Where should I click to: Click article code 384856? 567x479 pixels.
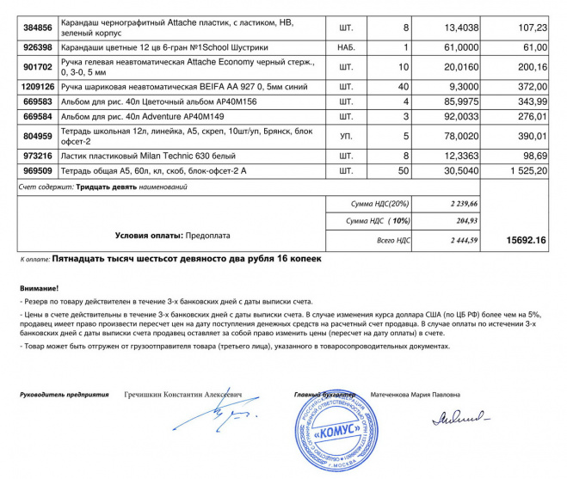click(x=37, y=28)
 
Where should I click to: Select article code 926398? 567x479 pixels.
click(x=37, y=48)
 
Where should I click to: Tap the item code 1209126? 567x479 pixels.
click(x=37, y=87)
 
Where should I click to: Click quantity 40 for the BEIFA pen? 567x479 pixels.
click(x=402, y=87)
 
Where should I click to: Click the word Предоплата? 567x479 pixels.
click(x=206, y=234)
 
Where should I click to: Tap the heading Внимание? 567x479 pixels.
click(x=41, y=288)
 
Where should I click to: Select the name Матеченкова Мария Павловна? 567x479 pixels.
click(x=415, y=395)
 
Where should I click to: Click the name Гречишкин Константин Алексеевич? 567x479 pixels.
click(x=183, y=395)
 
